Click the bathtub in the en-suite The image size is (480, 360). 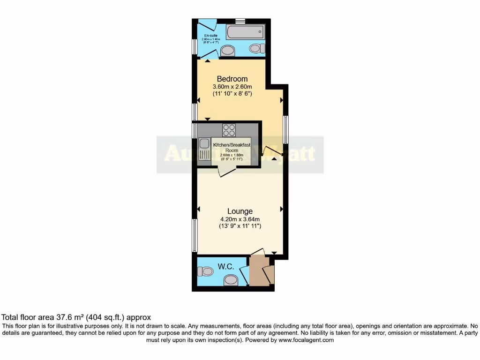click(245, 32)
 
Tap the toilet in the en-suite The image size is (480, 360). click(255, 48)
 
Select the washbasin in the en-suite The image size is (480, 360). click(227, 51)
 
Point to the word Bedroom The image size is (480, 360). click(232, 79)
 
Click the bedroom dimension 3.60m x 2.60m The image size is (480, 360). click(232, 87)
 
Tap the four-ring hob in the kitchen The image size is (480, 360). click(229, 129)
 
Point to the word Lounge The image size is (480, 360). click(240, 211)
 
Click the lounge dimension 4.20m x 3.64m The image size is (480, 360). click(240, 219)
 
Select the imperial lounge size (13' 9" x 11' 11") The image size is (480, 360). click(240, 226)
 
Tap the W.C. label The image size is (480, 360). click(225, 266)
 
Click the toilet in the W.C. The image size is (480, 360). click(205, 271)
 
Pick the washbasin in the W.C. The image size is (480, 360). click(230, 280)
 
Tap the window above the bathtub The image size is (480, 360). click(240, 21)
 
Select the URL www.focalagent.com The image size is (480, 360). click(307, 340)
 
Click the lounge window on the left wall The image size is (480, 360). click(194, 234)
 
